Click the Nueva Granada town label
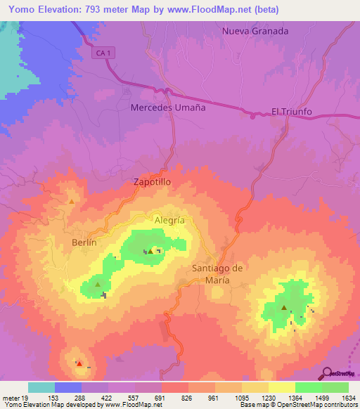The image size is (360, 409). point(255,31)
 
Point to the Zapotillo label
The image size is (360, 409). point(153,181)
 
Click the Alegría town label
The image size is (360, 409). point(169,220)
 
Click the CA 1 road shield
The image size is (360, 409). point(103,53)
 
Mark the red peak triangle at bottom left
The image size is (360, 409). point(79,364)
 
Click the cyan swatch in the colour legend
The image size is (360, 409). point(41,387)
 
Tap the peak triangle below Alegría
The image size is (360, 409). point(150,250)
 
